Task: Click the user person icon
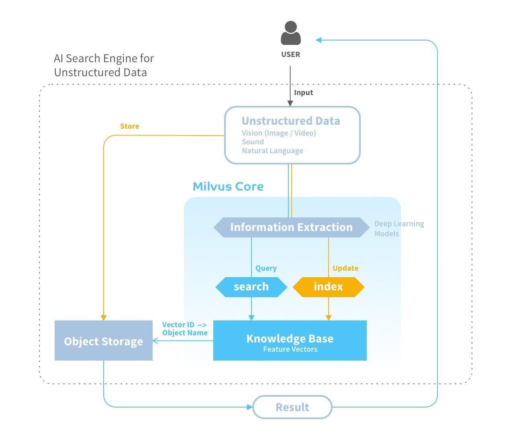(290, 33)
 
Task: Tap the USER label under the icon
(290, 55)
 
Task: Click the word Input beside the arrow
(303, 93)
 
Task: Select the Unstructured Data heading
(290, 121)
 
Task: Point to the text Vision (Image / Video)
(279, 133)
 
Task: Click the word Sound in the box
(253, 142)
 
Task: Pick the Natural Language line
(272, 151)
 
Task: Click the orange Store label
(129, 126)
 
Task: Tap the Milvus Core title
(228, 186)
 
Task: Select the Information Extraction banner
(291, 227)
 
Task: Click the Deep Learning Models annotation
(398, 229)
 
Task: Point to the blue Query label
(266, 268)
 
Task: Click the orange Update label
(345, 268)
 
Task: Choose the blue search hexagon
(251, 287)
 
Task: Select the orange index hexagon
(328, 287)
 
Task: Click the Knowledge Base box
(290, 341)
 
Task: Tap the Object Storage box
(103, 341)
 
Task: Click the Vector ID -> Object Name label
(185, 328)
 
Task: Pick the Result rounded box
(292, 407)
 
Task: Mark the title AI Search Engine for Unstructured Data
(104, 65)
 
